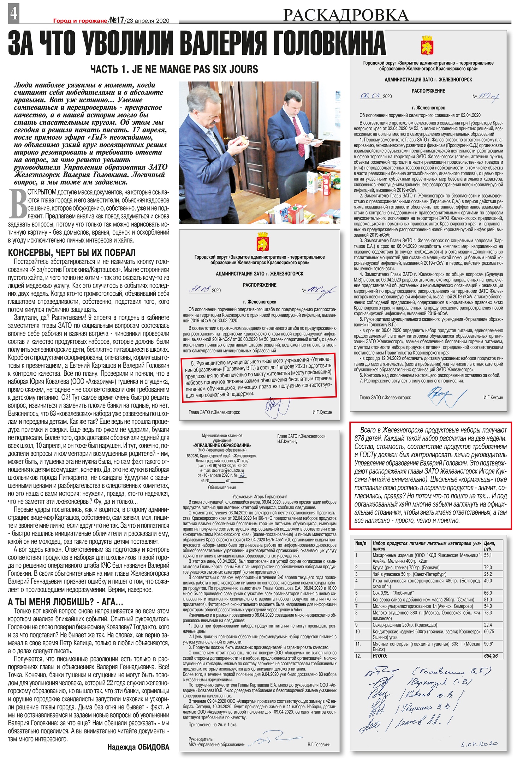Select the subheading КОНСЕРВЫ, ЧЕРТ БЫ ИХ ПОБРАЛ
(x=72, y=253)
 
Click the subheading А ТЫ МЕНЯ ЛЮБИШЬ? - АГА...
(x=66, y=602)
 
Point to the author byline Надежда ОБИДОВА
(x=138, y=747)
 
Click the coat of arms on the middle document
(x=262, y=241)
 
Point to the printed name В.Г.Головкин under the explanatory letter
(x=319, y=744)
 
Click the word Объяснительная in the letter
(x=222, y=488)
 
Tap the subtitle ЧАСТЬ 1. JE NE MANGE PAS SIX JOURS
(x=174, y=69)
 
